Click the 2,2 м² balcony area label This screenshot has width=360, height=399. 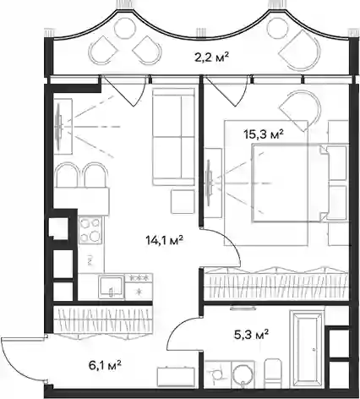pyautogui.click(x=211, y=58)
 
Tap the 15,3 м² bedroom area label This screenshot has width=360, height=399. pyautogui.click(x=264, y=134)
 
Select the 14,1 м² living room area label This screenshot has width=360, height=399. pyautogui.click(x=165, y=240)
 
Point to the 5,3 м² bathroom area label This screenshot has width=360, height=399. pyautogui.click(x=251, y=335)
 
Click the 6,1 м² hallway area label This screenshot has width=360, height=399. pyautogui.click(x=105, y=365)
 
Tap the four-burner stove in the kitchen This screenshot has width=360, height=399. pyautogui.click(x=90, y=231)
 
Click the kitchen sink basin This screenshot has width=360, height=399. pyautogui.click(x=111, y=287)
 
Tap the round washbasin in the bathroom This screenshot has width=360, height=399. pyautogui.click(x=243, y=374)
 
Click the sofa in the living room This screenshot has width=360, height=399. pyautogui.click(x=173, y=137)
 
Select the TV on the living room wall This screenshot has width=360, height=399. pyautogui.click(x=59, y=126)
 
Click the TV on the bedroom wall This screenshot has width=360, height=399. pyautogui.click(x=209, y=183)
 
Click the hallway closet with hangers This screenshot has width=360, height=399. pyautogui.click(x=103, y=320)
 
